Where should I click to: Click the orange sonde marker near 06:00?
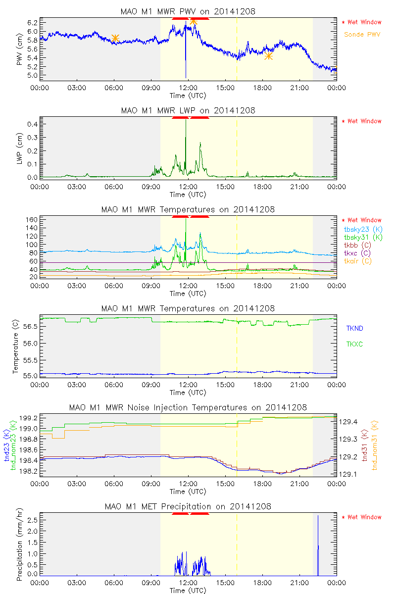(115, 38)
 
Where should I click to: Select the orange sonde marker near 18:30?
(268, 55)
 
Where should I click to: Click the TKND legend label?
(354, 328)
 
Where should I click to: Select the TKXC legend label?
(354, 344)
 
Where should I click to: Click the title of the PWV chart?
(188, 11)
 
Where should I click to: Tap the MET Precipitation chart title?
(188, 506)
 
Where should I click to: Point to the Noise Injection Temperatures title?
(188, 407)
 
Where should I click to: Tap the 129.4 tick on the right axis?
(349, 422)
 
